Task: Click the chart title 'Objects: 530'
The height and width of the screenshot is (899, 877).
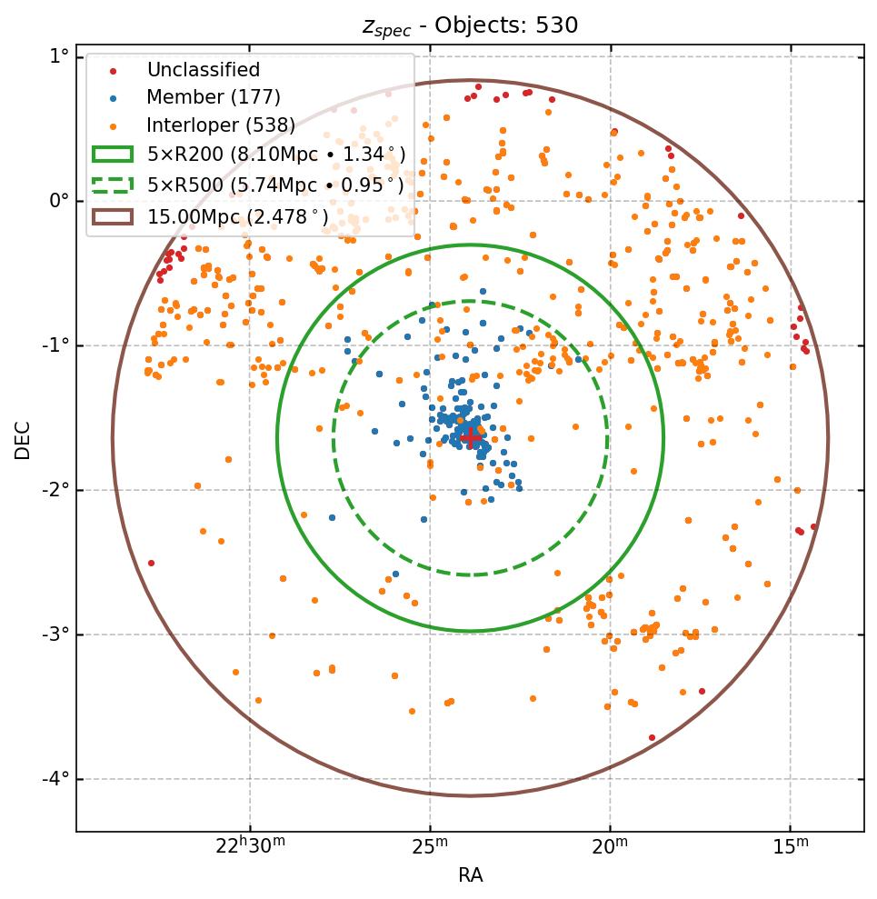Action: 470,25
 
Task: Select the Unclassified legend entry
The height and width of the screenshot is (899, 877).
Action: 204,70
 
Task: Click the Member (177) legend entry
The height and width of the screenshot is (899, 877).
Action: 214,97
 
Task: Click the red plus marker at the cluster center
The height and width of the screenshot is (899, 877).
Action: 471,437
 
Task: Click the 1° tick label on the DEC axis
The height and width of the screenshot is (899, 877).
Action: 58,56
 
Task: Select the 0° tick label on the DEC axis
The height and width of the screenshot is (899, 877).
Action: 58,201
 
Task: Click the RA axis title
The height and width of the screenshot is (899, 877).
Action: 470,875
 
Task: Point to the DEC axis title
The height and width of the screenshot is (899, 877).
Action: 23,439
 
